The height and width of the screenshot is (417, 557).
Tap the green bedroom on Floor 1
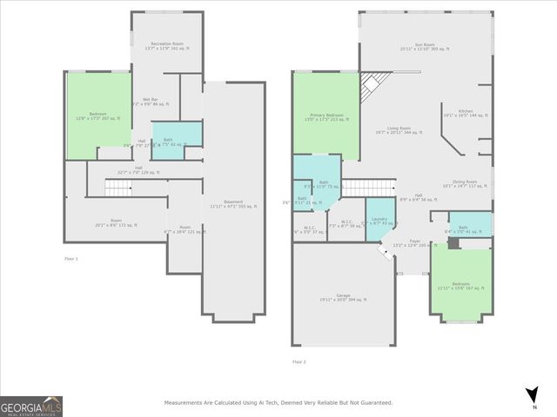[x=98, y=116]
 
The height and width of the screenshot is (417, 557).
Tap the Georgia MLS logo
[x=31, y=406]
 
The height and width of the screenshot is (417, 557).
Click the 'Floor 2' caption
[x=299, y=362]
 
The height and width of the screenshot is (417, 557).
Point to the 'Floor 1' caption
[x=71, y=259]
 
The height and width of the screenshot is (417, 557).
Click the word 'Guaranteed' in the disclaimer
[x=375, y=403]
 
